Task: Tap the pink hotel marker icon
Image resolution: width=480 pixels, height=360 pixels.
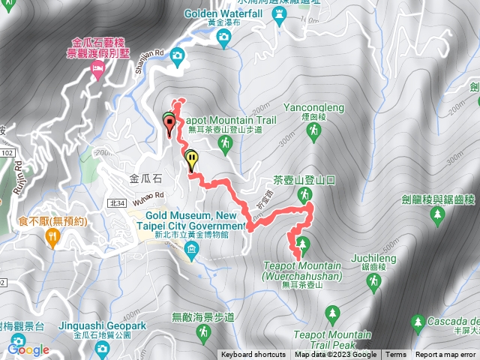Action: (97, 70)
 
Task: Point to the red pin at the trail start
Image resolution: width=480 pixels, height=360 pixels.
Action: (169, 124)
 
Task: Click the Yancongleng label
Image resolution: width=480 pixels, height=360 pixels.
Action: (314, 107)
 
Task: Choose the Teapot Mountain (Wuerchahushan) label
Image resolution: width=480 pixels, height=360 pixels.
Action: (302, 271)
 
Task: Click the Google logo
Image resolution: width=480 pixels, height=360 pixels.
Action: (29, 349)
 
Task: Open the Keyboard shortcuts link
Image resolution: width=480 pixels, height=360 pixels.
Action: (253, 355)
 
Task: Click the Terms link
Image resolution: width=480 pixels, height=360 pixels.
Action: (396, 355)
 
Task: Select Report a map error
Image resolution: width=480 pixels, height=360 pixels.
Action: (446, 355)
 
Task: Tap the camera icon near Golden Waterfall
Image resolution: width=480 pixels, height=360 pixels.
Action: (178, 55)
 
